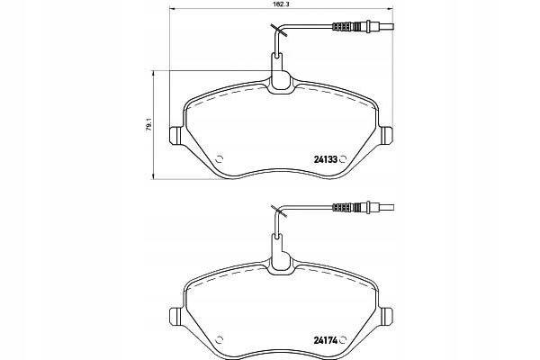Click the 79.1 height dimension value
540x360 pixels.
tap(148, 125)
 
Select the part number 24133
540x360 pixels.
tap(325, 159)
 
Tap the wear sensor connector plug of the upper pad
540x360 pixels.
tap(363, 26)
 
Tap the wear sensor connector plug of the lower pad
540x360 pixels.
tap(363, 207)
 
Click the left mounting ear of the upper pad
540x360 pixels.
tap(175, 135)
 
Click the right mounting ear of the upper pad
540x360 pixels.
tap(386, 135)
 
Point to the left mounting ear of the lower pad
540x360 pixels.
tap(175, 316)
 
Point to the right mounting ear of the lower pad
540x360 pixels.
tap(386, 316)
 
